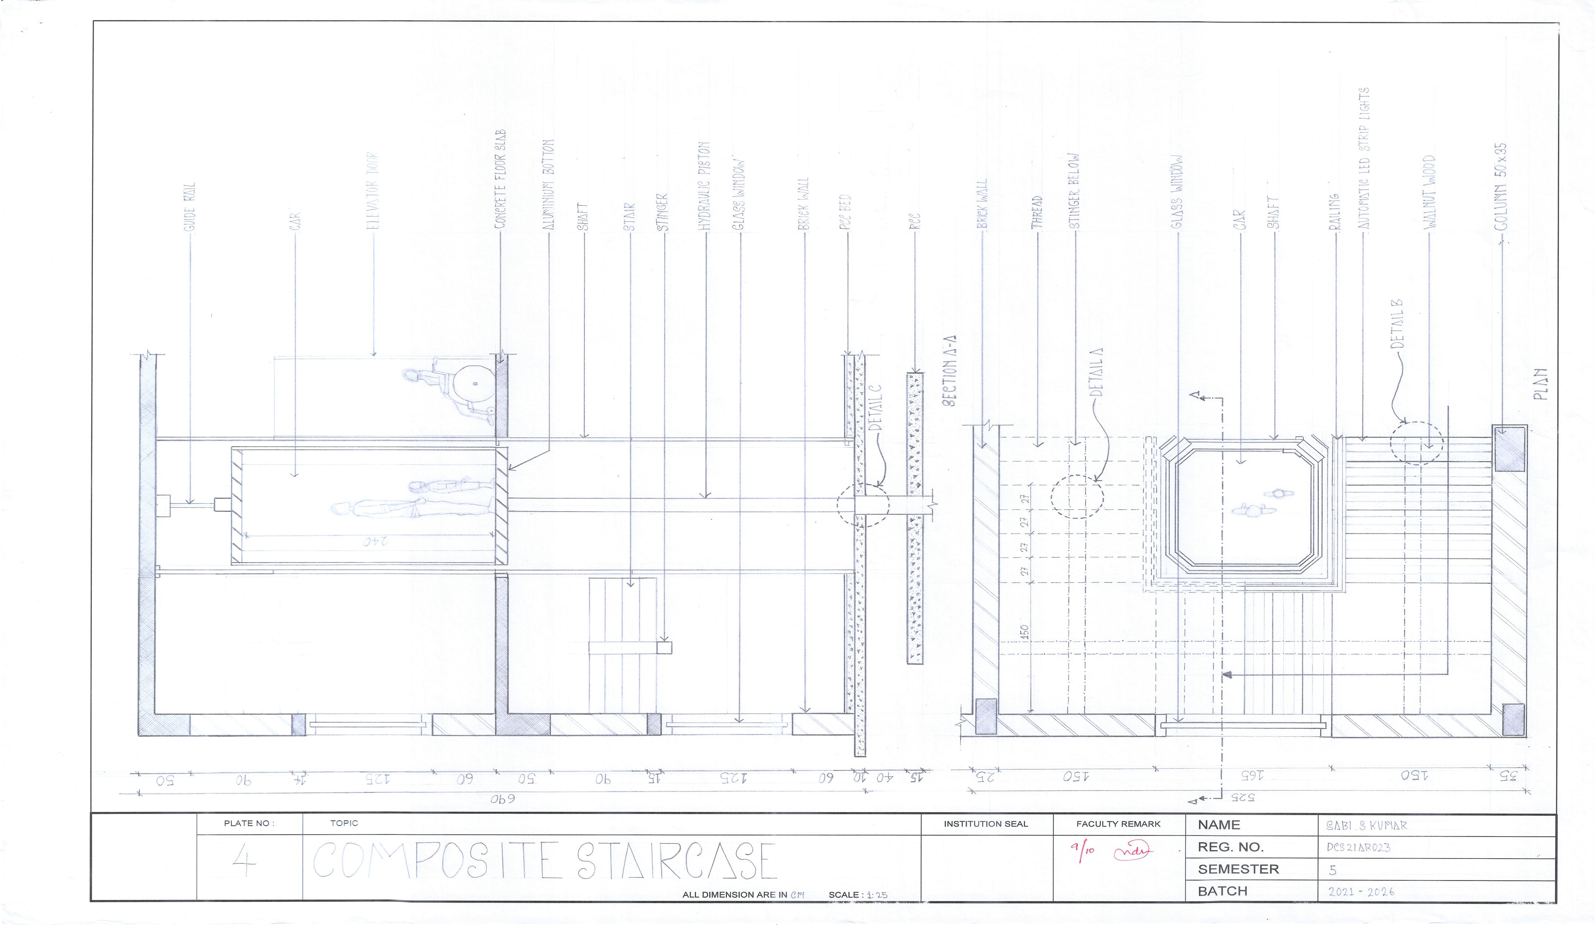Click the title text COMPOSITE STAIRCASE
click(544, 861)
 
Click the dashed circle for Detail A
click(1077, 496)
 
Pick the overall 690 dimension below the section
click(503, 799)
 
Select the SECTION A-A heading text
click(949, 370)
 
